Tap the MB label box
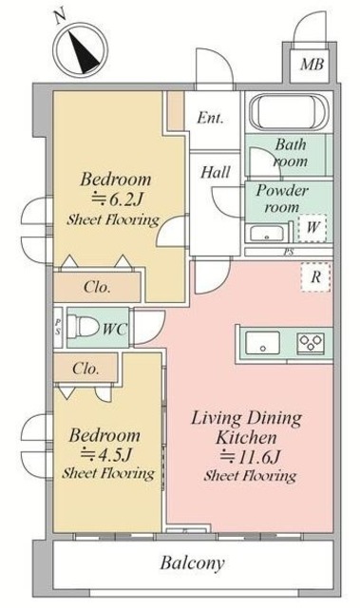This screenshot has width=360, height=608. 311,65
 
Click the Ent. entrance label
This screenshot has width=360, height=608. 211,119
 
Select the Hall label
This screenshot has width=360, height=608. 213,172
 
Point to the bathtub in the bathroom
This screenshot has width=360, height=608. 287,115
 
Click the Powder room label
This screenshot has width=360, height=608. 283,199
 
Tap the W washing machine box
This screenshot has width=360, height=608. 313,228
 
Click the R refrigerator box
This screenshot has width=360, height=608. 314,277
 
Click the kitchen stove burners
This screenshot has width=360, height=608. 312,342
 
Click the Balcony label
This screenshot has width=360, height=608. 192,562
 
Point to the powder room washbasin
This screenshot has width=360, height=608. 263,233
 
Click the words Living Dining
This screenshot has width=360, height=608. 248,417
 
